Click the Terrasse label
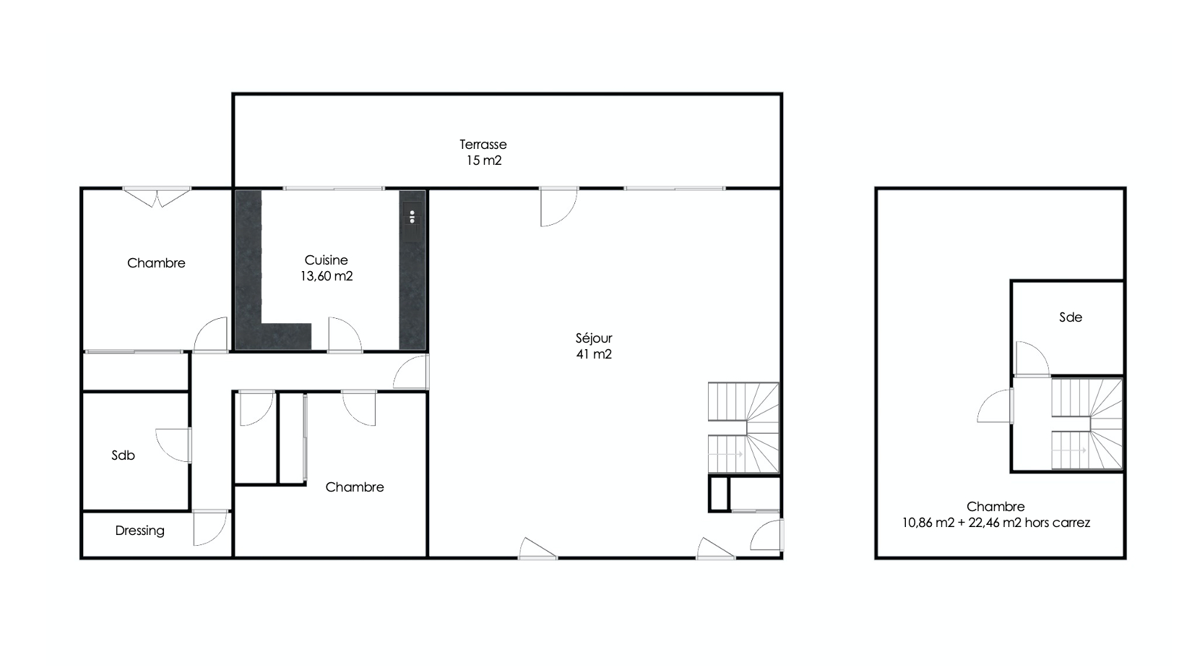tap(483, 145)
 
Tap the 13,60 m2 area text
tap(327, 276)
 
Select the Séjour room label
tap(594, 338)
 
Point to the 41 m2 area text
tap(594, 354)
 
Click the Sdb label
tap(123, 455)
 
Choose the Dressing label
tap(140, 531)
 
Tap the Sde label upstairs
tap(1071, 317)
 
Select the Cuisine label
tap(327, 260)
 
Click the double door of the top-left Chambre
tap(157, 197)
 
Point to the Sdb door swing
tap(173, 445)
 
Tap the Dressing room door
tap(211, 527)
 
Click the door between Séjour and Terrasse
tap(558, 207)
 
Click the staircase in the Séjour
tap(743, 428)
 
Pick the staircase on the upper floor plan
tap(1087, 424)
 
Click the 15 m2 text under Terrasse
tap(484, 160)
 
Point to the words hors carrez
tap(1058, 523)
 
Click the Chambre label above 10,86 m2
tap(996, 507)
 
